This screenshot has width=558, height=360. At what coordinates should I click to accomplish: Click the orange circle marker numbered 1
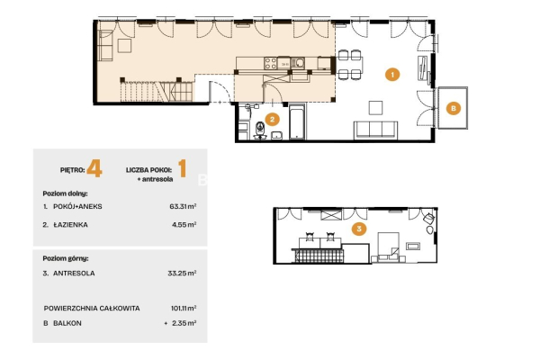point(392,75)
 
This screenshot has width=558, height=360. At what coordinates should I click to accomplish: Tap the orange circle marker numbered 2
point(272,119)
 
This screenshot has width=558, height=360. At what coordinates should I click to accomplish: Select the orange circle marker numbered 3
point(359,229)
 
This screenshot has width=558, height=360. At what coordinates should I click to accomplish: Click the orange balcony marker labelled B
point(453,108)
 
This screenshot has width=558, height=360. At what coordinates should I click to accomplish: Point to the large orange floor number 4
point(94,168)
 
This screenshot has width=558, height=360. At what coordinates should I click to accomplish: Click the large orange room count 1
point(182,168)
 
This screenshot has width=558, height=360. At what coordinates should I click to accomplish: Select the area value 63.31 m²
point(183,206)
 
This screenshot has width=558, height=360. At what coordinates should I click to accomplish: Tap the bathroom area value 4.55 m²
point(184,225)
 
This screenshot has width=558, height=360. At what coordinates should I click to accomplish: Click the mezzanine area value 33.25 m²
point(182,274)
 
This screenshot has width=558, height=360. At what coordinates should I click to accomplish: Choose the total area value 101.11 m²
point(184,308)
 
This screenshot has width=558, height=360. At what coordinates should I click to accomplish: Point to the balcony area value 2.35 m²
point(184,323)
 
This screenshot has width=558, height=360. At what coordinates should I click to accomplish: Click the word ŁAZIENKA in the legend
point(70,225)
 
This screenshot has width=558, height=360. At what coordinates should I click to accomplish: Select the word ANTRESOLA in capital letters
point(74,274)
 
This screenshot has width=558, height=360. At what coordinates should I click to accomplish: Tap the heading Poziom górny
point(66,258)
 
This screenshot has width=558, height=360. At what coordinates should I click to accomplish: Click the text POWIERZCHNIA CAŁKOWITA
point(92,308)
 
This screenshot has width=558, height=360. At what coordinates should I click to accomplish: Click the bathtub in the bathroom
point(297,121)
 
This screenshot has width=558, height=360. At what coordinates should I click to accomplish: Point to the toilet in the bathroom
point(260,129)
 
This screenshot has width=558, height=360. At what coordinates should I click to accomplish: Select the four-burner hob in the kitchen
point(271,63)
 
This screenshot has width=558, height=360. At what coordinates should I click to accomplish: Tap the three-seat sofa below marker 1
point(375,130)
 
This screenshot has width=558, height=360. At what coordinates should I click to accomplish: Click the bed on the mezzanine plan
point(388,247)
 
